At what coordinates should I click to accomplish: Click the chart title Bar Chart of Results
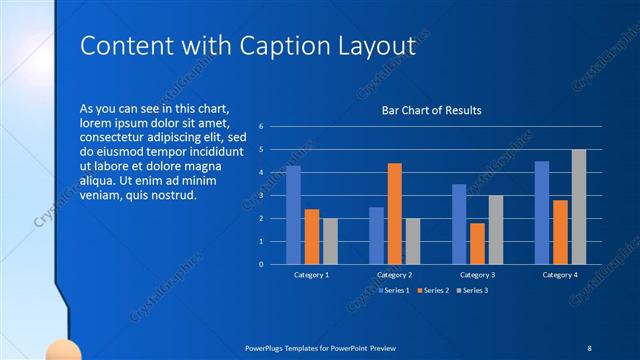click(432, 110)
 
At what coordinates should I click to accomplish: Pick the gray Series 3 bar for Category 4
click(579, 207)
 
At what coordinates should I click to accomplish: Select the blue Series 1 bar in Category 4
click(542, 212)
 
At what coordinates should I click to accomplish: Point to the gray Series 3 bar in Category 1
click(330, 241)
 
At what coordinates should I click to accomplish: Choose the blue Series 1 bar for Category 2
click(376, 235)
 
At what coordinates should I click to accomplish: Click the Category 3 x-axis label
click(477, 274)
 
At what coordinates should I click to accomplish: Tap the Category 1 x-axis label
click(311, 274)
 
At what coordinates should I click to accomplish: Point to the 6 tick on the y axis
click(260, 127)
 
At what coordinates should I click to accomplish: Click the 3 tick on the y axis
click(260, 196)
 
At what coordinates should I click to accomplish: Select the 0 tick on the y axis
click(260, 265)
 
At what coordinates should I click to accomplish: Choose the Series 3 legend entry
click(473, 290)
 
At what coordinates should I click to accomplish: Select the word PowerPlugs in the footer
click(267, 346)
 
